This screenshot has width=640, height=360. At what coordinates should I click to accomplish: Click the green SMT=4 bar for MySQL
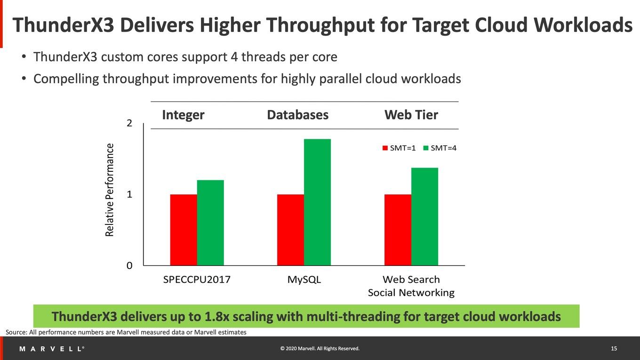pos(318,202)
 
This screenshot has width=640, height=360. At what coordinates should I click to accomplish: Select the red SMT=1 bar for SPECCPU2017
pos(184,230)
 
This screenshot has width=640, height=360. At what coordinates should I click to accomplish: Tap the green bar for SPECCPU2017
pos(210,223)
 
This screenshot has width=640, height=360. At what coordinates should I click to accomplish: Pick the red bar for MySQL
pos(290,230)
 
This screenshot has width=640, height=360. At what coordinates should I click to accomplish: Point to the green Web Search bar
pos(424,216)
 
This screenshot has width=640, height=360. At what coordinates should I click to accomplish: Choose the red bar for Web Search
pos(398,230)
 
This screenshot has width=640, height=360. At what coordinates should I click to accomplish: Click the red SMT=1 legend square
pos(385,148)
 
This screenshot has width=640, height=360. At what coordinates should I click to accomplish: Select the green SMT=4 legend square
pos(426,148)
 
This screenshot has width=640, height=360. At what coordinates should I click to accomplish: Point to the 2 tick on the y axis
pos(129,123)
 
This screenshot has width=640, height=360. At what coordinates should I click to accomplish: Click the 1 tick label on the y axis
pos(129,194)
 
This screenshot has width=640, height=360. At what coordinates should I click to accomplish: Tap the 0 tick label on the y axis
pos(129,265)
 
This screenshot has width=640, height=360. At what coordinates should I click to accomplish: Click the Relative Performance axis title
pos(110,190)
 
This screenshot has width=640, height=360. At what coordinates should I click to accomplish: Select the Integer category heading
pos(183,115)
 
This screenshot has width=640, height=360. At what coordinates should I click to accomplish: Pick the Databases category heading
pos(298,115)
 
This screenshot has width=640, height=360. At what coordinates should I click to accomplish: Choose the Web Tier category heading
pos(411,115)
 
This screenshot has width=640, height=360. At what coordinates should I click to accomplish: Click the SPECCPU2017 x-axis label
pos(197,280)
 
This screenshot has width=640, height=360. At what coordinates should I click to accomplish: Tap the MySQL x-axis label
pos(304,280)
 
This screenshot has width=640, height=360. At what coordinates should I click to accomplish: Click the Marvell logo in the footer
pos(52,349)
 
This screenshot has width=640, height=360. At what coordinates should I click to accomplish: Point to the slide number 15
pos(614,349)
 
